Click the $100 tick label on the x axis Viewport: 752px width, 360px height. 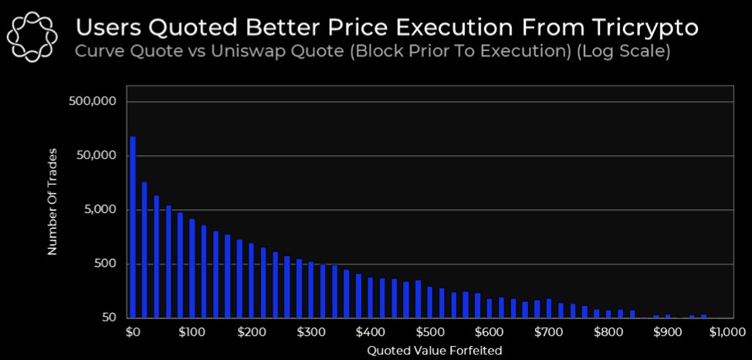[x=191, y=332]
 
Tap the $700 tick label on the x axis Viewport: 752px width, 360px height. [x=548, y=332]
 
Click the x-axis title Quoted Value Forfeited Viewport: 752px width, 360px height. [x=429, y=350]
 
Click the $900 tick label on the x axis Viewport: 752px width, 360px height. [x=667, y=332]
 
